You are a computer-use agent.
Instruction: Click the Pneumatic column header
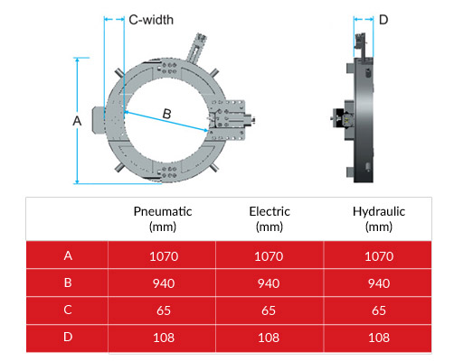[x=163, y=218]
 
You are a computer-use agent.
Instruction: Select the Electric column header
[x=270, y=218]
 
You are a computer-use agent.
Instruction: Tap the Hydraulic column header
[x=378, y=218]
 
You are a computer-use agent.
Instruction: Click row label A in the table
[x=68, y=255]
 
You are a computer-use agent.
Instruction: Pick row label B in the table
[x=68, y=283]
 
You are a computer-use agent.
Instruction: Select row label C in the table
[x=68, y=311]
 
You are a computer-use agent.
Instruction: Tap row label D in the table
[x=68, y=339]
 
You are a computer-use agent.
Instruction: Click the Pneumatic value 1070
[x=163, y=255]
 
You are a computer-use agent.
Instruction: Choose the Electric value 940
[x=270, y=283]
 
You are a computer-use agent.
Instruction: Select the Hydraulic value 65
[x=378, y=311]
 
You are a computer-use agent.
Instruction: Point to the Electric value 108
[x=270, y=339]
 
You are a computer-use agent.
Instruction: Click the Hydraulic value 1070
[x=378, y=255]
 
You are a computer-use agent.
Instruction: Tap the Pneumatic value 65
[x=163, y=311]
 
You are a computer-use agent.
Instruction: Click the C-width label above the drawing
[x=151, y=19]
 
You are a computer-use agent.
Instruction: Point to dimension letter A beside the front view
[x=77, y=119]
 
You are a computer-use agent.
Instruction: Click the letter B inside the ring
[x=166, y=114]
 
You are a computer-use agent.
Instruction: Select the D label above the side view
[x=383, y=19]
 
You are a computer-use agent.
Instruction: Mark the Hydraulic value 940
[x=378, y=283]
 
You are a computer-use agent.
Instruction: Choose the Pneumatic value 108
[x=163, y=339]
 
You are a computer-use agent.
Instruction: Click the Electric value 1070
[x=270, y=255]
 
